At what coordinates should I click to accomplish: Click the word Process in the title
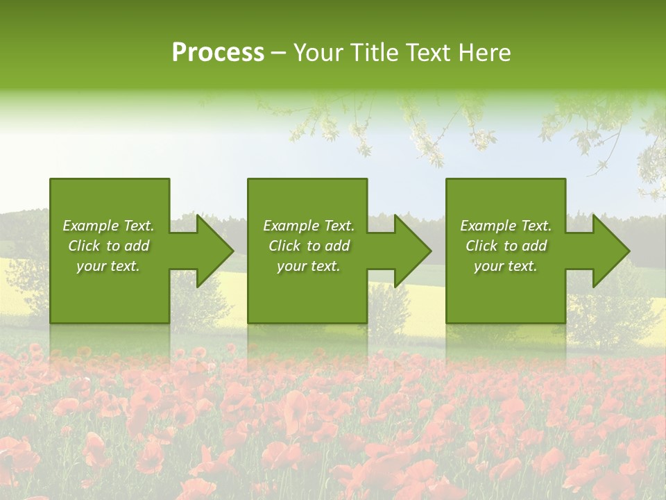pyautogui.click(x=218, y=53)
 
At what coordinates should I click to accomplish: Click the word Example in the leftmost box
pyautogui.click(x=91, y=226)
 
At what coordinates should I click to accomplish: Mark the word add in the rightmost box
pyautogui.click(x=535, y=246)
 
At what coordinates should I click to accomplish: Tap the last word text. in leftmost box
pyautogui.click(x=125, y=267)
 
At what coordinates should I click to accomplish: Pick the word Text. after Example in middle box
pyautogui.click(x=338, y=226)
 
